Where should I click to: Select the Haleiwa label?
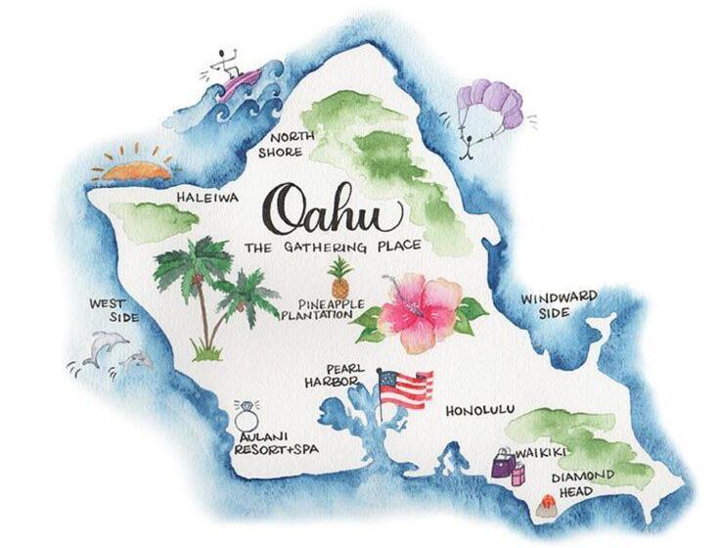tap(207, 197)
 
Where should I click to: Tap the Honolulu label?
tap(479, 411)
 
